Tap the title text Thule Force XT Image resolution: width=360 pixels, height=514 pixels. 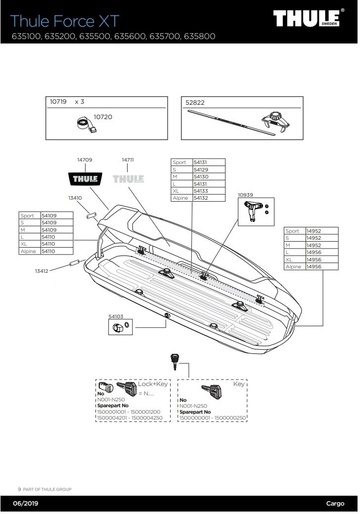(65, 21)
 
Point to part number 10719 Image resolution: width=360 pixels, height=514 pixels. (58, 101)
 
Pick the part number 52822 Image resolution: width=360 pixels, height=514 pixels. (195, 103)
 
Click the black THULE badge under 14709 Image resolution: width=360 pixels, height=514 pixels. (85, 178)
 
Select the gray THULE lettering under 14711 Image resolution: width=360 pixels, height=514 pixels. (128, 178)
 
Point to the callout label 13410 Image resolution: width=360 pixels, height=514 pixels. (75, 198)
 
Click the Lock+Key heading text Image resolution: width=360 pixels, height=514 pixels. (153, 384)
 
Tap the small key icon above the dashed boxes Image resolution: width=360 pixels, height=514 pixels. (174, 361)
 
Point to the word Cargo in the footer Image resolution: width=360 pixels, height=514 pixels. (335, 504)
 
